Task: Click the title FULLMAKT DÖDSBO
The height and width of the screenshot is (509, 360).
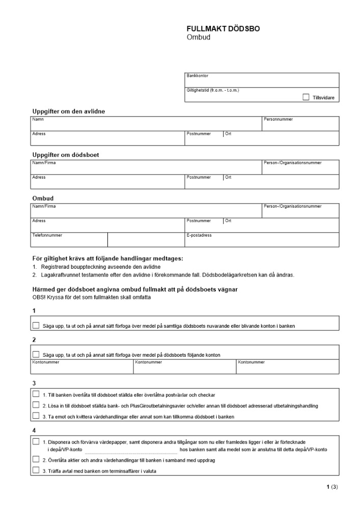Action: tap(223, 29)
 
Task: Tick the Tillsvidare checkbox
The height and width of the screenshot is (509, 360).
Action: tap(306, 97)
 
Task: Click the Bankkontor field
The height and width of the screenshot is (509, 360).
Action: tap(262, 82)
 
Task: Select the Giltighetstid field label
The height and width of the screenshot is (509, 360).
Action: tap(213, 91)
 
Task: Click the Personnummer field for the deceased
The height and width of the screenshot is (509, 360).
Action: tap(300, 126)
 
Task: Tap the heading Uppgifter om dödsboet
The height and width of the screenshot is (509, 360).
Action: tap(66, 155)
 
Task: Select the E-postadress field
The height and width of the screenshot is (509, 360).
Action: tap(262, 241)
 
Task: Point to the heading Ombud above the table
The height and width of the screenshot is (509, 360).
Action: tap(43, 198)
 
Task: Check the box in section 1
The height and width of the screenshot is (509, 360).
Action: tap(36, 325)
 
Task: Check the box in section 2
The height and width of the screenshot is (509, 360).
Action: tap(36, 354)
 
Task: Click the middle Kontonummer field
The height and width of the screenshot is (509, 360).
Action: tap(185, 368)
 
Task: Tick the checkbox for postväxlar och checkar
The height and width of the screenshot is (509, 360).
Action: tap(36, 394)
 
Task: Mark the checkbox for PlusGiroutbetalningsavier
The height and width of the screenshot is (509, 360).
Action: tap(36, 405)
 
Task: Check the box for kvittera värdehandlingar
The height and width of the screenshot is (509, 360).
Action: tap(36, 416)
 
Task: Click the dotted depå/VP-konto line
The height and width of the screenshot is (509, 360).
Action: tap(131, 450)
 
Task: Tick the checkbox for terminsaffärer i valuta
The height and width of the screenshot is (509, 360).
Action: tap(36, 470)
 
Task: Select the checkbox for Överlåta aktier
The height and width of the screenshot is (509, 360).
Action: tap(36, 460)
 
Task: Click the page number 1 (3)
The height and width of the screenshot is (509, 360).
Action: tap(331, 487)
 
